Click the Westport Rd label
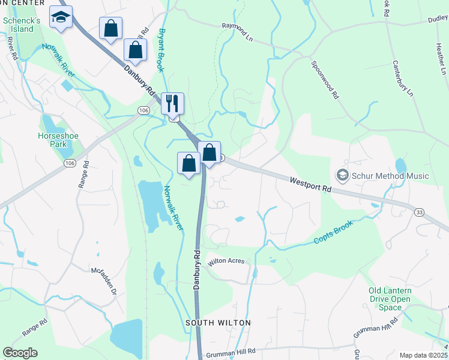[x=310, y=184]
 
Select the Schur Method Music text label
[x=390, y=176]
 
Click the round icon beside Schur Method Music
[x=343, y=176]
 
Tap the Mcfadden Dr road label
[x=103, y=281]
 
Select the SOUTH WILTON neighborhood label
[x=218, y=323]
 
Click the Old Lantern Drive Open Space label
[x=390, y=299]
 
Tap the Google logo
[x=20, y=353]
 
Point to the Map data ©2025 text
[x=423, y=355]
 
